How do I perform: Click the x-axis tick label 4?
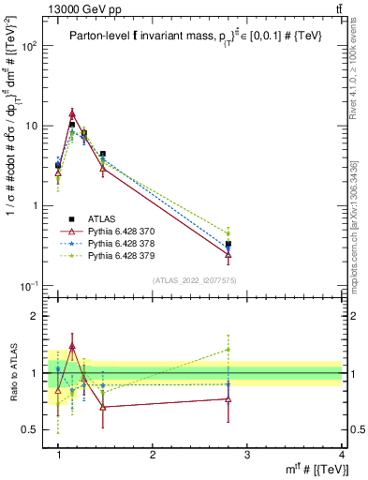[341, 455]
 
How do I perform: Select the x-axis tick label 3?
[246, 455]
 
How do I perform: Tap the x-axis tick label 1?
[58, 455]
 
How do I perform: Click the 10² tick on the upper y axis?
[30, 46]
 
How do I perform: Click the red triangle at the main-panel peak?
[72, 114]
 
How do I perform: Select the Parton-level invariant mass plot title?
[187, 35]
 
